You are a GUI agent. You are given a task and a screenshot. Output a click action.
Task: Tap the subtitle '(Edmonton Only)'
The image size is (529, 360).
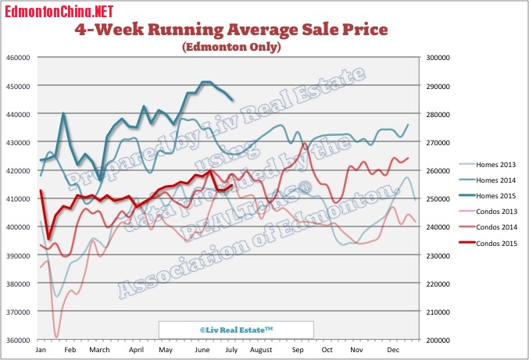point(231,47)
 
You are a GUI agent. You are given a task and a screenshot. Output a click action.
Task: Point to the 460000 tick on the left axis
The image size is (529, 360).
point(17,58)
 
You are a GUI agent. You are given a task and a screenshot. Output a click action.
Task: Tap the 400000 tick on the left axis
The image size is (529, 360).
point(17,227)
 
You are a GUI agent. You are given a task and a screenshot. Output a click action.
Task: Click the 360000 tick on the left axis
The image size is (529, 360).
point(17,340)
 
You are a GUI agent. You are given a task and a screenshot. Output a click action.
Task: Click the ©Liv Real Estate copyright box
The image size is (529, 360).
point(236,330)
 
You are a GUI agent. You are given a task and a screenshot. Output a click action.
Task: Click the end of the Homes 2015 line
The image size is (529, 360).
point(232,99)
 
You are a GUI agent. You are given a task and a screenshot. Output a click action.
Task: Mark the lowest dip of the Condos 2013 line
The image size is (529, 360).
point(57,337)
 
